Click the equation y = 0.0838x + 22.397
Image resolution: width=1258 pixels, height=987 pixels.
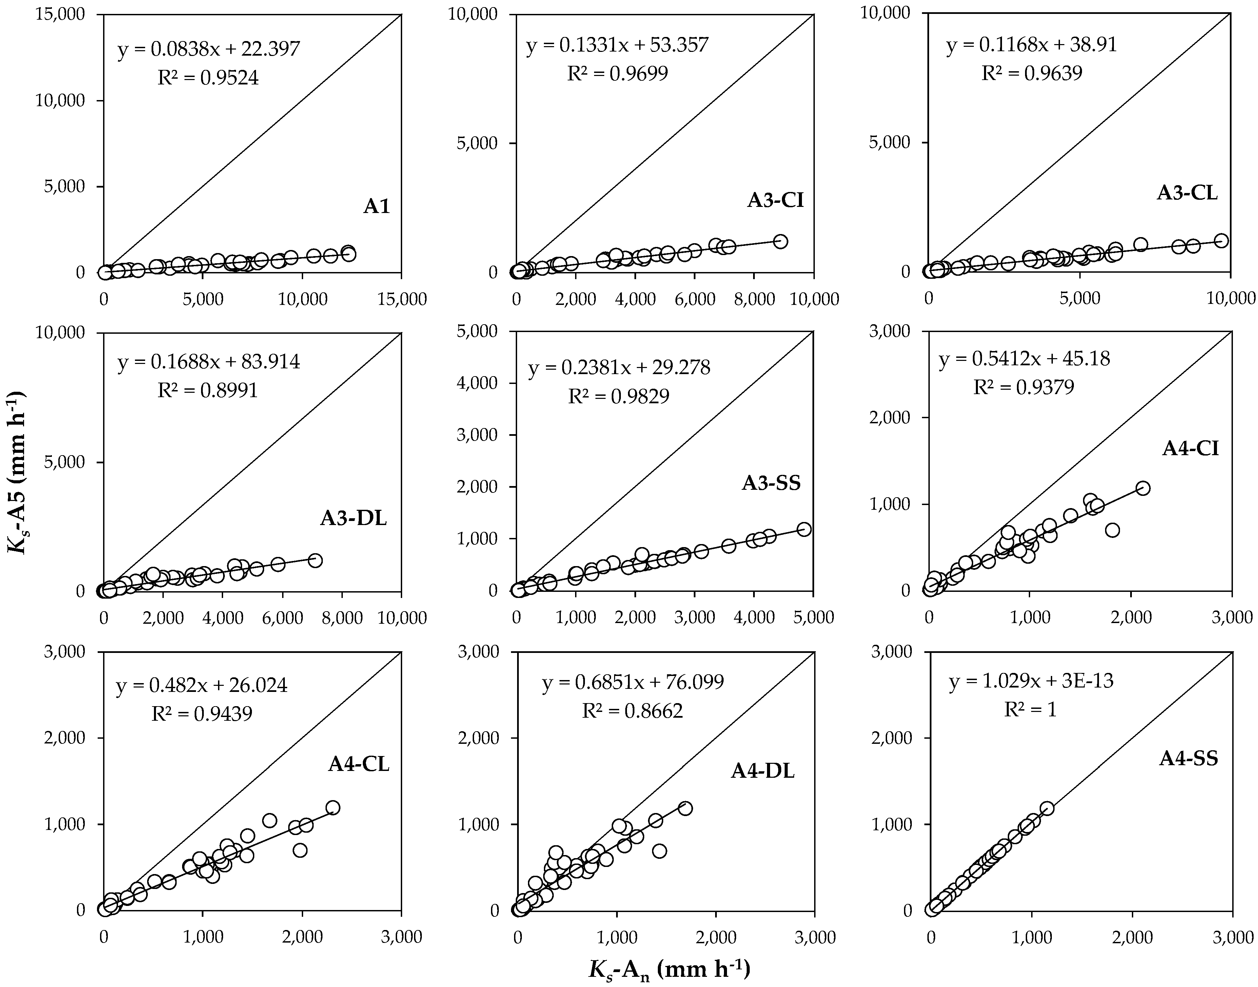[209, 49]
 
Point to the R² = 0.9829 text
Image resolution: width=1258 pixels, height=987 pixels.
[618, 396]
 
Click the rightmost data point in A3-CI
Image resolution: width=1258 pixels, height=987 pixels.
[780, 241]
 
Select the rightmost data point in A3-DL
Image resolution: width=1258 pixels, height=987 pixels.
[315, 560]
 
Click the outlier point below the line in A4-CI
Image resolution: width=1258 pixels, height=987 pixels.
[1113, 530]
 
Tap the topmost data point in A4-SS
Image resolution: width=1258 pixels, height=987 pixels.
[1047, 808]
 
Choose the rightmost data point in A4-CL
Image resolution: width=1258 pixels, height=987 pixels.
[333, 807]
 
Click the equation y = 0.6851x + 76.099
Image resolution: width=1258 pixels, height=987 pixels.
[632, 682]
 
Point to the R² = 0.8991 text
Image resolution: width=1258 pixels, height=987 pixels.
[208, 391]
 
